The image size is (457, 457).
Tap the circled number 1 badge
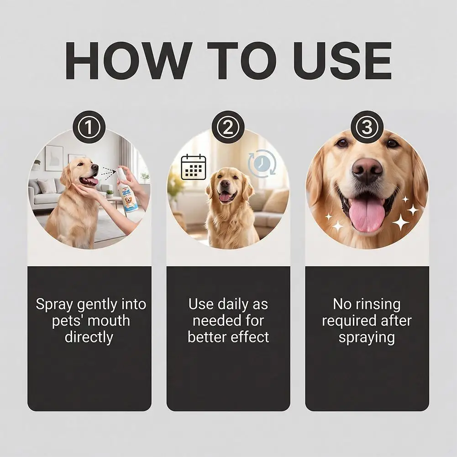click(x=89, y=127)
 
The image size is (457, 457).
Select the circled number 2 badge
click(x=228, y=127)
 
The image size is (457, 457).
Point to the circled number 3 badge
click(x=367, y=127)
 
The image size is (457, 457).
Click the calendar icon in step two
click(x=194, y=167)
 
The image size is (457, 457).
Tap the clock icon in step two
click(x=262, y=163)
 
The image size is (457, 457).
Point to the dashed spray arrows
click(x=108, y=173)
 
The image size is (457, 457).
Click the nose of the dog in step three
click(x=367, y=171)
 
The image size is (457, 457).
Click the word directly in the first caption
click(x=89, y=337)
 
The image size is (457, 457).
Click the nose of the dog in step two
click(x=225, y=184)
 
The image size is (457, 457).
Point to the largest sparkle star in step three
click(x=401, y=222)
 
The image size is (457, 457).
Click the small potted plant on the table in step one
click(x=110, y=194)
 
